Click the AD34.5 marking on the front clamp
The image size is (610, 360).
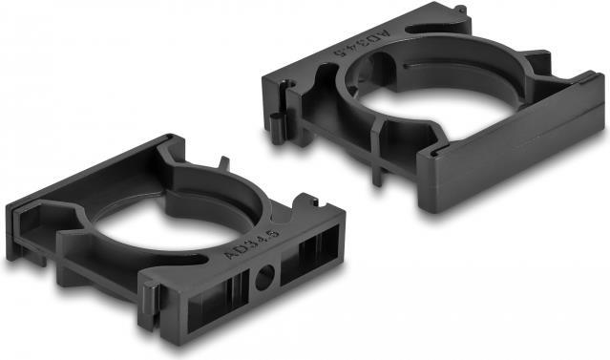252,244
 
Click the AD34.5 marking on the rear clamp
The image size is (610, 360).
362,44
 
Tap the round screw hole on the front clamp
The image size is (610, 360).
264,277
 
